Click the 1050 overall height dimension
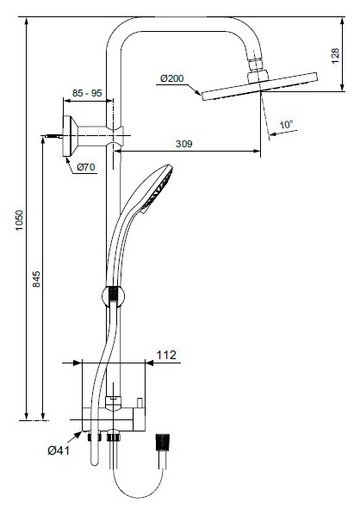pos(20,220)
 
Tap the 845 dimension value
pos(36,279)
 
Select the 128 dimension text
pos(335,56)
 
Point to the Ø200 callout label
pos(171,78)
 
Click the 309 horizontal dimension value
pos(183,144)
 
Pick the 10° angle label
pos(286,125)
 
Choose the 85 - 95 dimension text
pos(87,93)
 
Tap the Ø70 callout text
pos(86,167)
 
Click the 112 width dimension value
pos(166,355)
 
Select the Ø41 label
pos(59,450)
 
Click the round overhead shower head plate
pos(259,86)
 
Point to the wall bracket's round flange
pos(68,136)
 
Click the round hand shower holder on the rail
pos(114,295)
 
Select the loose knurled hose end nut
pos(162,442)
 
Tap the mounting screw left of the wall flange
pos(53,136)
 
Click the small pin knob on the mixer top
pos(140,403)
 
